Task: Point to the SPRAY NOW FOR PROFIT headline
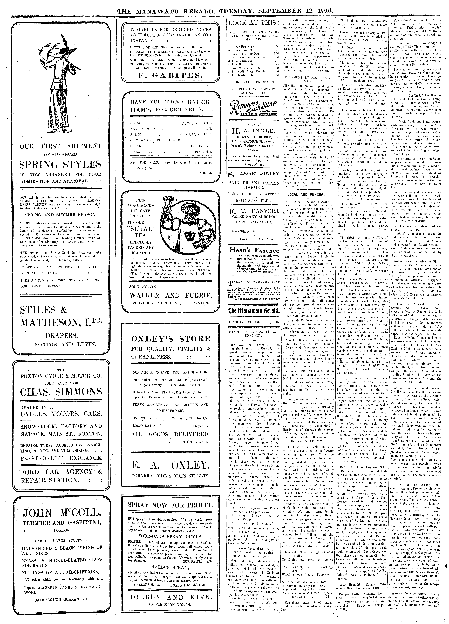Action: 171,505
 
